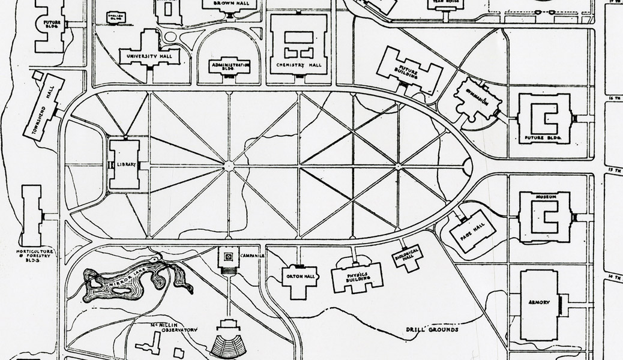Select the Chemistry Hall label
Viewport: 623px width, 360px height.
tap(299, 65)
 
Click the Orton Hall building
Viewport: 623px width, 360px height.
tap(296, 279)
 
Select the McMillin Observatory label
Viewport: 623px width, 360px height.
tap(173, 327)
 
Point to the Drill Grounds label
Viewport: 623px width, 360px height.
tap(432, 329)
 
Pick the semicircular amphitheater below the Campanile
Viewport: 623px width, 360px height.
tap(229, 344)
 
